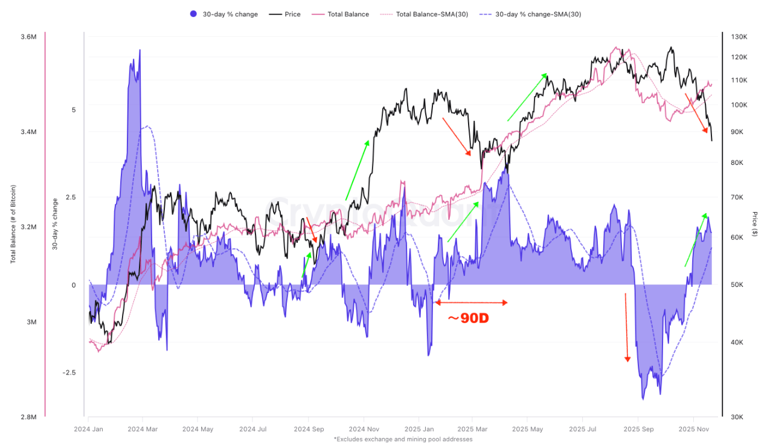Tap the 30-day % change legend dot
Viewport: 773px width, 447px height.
[x=193, y=14]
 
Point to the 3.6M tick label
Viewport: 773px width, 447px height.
[x=28, y=37]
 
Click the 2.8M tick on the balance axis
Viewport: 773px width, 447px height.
[x=28, y=417]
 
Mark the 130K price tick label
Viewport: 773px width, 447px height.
[x=739, y=37]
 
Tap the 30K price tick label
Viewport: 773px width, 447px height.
[x=739, y=417]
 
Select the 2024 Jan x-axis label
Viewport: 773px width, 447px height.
[x=88, y=429]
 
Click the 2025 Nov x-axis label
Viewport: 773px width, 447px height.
[x=693, y=429]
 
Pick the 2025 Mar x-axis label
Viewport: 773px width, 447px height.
[x=473, y=429]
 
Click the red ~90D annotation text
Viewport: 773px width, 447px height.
[x=467, y=318]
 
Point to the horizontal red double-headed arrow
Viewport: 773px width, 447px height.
[x=472, y=302]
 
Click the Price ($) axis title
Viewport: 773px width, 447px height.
[x=755, y=224]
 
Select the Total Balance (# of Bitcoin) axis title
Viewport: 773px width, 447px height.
[x=13, y=224]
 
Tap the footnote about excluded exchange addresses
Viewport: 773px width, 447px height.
[x=403, y=439]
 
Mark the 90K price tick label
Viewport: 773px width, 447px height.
[x=739, y=132]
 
